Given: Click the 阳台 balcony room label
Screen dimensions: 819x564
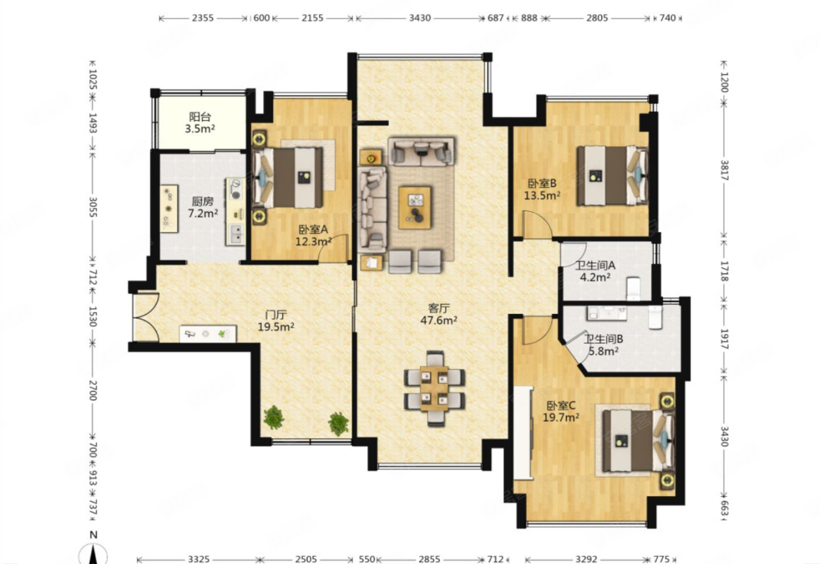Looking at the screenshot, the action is point(200,117).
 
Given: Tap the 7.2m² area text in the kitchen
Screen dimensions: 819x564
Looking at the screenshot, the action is point(203,213).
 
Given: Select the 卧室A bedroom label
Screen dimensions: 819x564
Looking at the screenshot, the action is point(313,229).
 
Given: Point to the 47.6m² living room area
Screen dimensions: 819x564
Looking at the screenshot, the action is point(438,321).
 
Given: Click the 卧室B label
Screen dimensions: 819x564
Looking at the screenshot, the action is point(542,183).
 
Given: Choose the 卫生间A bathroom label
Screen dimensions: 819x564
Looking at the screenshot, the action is point(595,265).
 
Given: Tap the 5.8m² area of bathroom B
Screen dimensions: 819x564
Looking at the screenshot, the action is point(603,351).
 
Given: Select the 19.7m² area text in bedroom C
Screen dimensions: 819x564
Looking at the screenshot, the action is point(561,418).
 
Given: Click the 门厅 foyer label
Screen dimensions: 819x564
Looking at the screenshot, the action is point(276,315).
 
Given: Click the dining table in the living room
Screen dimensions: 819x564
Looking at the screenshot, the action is point(435,388).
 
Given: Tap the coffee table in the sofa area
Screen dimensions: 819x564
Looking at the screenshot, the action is point(415,207).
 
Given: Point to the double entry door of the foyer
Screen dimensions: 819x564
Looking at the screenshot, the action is point(146,317).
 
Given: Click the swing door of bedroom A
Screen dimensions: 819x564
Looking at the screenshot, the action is point(333,249).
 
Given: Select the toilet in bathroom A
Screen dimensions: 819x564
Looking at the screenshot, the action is point(633,289).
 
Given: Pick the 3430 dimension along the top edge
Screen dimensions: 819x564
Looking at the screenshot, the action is point(420,18).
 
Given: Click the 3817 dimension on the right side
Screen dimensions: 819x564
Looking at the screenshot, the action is point(723,171).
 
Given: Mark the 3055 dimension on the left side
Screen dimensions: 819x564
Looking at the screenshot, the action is point(94,207).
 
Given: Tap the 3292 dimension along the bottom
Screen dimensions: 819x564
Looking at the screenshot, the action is point(587,560).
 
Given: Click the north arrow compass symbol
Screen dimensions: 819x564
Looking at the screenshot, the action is point(94,552).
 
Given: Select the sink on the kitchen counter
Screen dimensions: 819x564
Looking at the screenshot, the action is point(236,234).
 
